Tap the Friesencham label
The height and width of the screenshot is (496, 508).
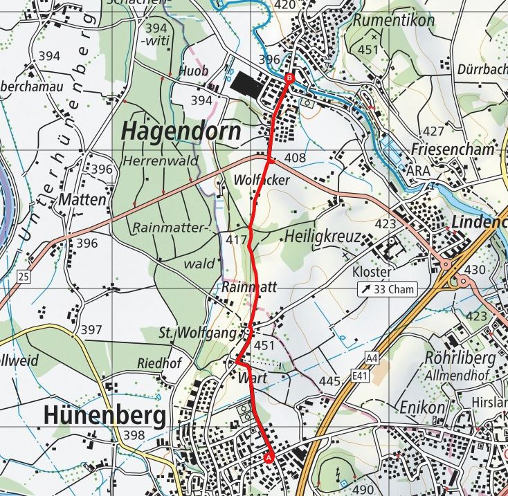coord(452,149)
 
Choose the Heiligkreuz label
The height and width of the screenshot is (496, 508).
coord(323,237)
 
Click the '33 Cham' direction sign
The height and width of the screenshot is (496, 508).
coord(387,288)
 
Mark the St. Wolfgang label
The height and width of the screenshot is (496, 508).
coord(197,333)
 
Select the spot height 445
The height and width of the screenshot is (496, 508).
coord(330,380)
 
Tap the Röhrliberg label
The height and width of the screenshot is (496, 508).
coord(460,358)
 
